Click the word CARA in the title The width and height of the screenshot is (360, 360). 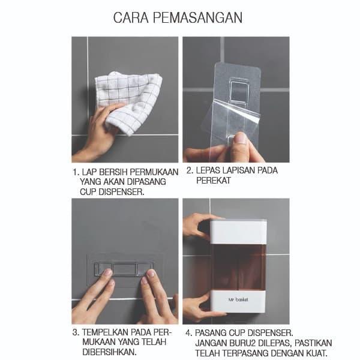pos(131,17)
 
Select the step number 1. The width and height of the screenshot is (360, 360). pos(76,172)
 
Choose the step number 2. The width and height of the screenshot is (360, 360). pos(190,170)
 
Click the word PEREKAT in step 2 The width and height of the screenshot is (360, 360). pos(213,181)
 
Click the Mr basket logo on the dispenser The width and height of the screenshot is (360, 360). pos(238,299)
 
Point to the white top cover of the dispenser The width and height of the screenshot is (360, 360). pos(238,232)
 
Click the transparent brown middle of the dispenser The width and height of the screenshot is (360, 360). pos(238,268)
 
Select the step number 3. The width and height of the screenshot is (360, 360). pos(76,332)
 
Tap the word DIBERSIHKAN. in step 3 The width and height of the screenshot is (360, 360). pos(110,352)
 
